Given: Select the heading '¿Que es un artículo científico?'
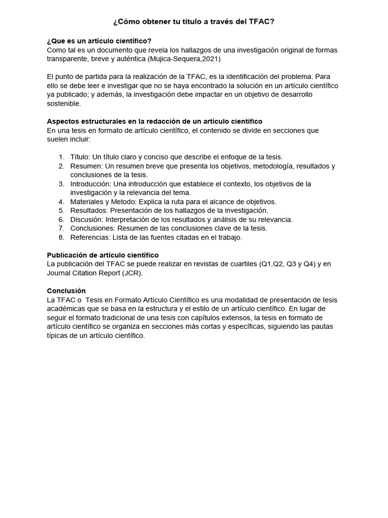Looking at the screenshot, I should [x=99, y=41].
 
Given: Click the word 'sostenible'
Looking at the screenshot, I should [x=64, y=103].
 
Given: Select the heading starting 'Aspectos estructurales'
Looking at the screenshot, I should [x=154, y=121].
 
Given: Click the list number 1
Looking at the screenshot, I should [x=61, y=157].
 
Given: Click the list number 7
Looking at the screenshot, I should [x=61, y=228].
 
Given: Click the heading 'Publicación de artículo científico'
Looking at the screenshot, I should [x=103, y=255].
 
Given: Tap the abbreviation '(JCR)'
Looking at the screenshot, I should [x=133, y=273].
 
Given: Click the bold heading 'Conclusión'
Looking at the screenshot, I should [x=66, y=291].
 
